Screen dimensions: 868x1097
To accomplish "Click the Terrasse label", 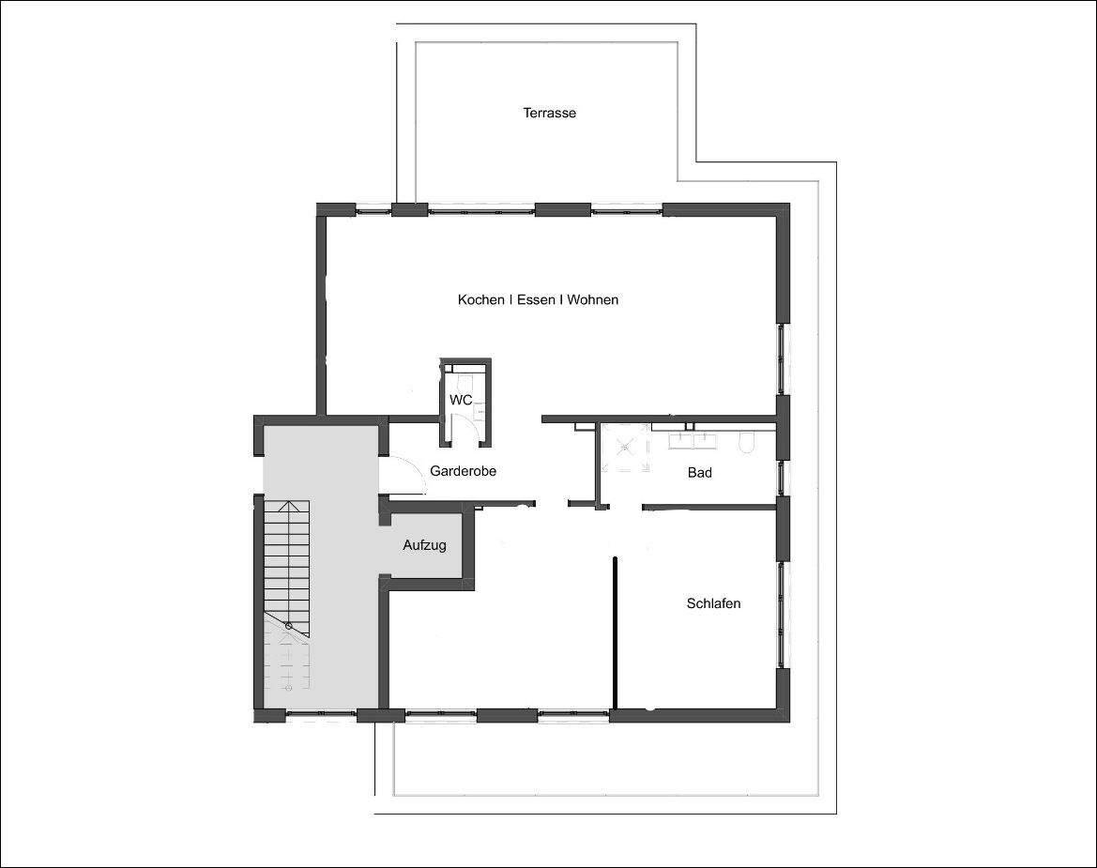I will point(549,113).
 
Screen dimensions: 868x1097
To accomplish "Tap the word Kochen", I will point(480,300).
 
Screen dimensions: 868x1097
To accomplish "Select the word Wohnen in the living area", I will point(593,300).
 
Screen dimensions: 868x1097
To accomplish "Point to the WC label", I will point(460,400).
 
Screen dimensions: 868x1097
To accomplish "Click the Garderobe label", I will point(463,471).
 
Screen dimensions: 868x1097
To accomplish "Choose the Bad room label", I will point(699,472).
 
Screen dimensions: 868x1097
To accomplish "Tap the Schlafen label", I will point(713,603).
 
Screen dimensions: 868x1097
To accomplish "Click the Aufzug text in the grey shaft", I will point(424,545).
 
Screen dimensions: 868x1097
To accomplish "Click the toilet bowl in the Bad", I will point(747,442).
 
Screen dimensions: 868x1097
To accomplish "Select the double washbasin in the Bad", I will point(693,437).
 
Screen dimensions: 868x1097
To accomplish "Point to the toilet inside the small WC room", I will point(463,382).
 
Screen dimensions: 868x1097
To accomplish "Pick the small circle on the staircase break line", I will point(288,626).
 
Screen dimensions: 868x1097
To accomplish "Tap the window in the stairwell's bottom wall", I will point(320,715).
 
